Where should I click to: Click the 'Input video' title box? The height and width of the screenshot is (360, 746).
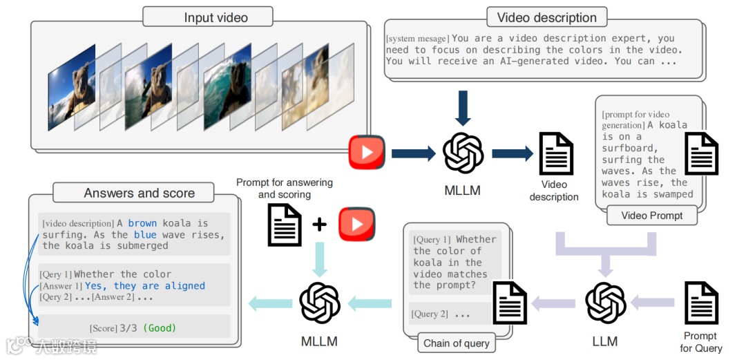pyautogui.click(x=216, y=17)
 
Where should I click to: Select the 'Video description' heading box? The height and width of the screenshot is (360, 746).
pyautogui.click(x=546, y=17)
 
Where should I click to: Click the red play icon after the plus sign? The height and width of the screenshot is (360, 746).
pyautogui.click(x=356, y=225)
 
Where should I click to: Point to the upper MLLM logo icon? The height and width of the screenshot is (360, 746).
pyautogui.click(x=462, y=153)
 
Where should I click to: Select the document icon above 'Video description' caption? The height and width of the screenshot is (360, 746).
pyautogui.click(x=556, y=153)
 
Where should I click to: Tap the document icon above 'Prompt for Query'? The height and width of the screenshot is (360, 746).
pyautogui.click(x=700, y=302)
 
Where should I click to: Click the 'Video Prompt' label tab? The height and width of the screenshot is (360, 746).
pyautogui.click(x=652, y=216)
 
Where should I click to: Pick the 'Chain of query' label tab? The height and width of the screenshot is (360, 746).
pyautogui.click(x=457, y=343)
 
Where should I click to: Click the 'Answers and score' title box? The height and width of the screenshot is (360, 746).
pyautogui.click(x=139, y=193)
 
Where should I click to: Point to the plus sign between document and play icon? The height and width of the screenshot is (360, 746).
pyautogui.click(x=319, y=225)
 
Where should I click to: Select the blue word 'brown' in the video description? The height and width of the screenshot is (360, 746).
pyautogui.click(x=142, y=223)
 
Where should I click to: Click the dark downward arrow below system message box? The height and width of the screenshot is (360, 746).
pyautogui.click(x=462, y=108)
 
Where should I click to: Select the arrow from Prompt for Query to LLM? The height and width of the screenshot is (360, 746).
pyautogui.click(x=653, y=302)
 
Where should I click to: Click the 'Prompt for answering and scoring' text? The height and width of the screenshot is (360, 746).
pyautogui.click(x=285, y=189)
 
